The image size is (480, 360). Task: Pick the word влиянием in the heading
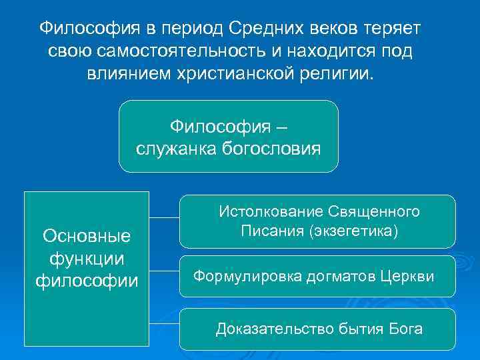(124, 73)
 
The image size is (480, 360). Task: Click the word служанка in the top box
(170, 149)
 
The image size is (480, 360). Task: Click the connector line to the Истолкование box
(164, 217)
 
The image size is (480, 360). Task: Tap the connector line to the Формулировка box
(164, 271)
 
